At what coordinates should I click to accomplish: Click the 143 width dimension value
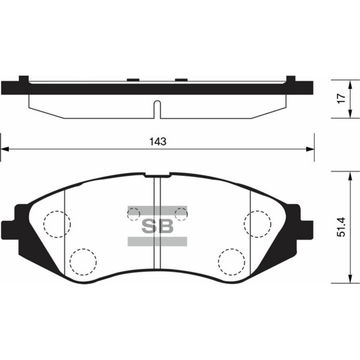(x=158, y=142)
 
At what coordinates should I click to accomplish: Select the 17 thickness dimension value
(x=340, y=99)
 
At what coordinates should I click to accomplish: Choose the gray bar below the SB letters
(x=157, y=241)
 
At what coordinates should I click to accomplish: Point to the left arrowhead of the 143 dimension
(x=5, y=150)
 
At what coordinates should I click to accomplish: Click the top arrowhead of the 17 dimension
(x=351, y=84)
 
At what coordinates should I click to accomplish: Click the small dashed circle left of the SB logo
(x=134, y=213)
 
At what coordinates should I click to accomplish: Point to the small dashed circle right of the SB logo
(x=181, y=213)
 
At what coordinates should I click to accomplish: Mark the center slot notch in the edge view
(x=157, y=110)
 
